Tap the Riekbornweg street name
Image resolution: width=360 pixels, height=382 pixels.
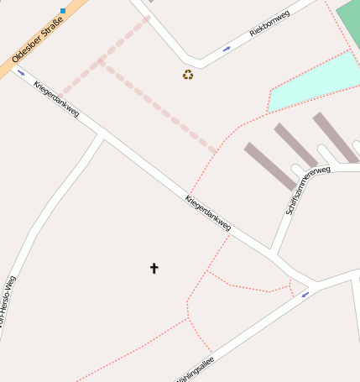269,24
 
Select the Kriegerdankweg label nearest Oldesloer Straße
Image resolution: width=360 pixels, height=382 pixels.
57,98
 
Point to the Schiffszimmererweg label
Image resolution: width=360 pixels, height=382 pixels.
307,190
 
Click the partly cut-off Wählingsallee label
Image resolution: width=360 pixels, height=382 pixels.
196,369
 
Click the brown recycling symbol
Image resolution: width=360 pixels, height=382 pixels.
188,75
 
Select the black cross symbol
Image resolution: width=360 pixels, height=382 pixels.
154,268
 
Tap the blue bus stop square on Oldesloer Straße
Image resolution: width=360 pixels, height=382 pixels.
63,11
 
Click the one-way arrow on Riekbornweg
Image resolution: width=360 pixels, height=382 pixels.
227,49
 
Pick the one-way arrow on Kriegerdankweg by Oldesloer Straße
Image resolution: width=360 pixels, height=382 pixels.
21,72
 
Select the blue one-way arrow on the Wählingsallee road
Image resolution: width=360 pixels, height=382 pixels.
305,294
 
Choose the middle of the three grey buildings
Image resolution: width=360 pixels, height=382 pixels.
295,145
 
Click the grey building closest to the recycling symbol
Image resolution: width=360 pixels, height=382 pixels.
264,165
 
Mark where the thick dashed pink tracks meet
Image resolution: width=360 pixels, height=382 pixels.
100,61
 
